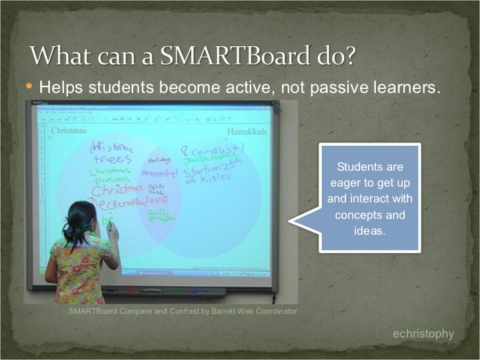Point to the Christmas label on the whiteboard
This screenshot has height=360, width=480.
click(x=68, y=131)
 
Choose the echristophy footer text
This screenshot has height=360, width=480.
click(x=423, y=334)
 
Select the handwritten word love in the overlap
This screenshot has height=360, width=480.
click(x=156, y=198)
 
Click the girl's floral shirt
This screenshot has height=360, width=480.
click(x=82, y=267)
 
